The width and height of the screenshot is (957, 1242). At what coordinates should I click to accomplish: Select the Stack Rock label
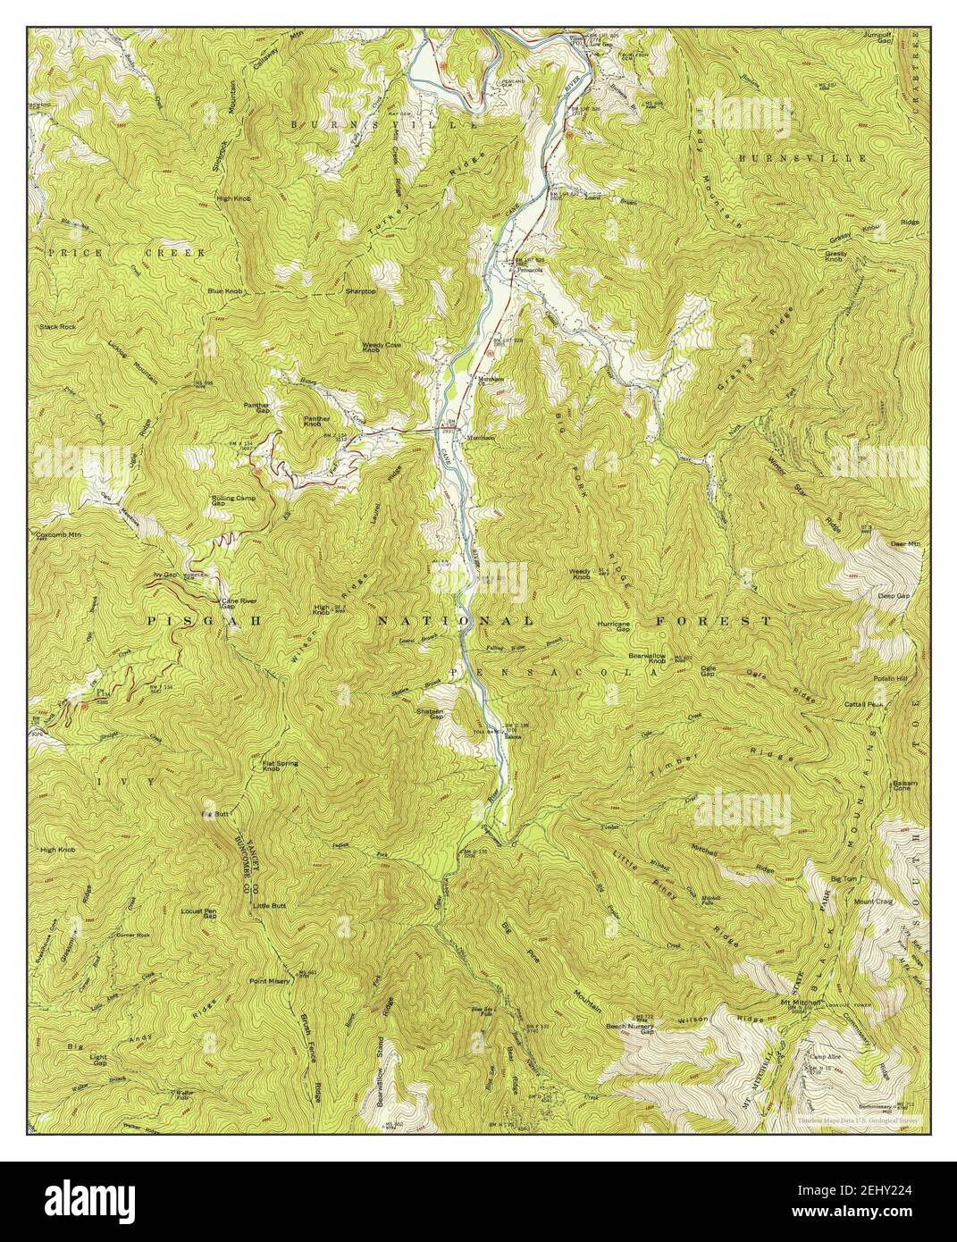57,327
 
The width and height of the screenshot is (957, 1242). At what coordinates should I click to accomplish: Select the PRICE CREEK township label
126,254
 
